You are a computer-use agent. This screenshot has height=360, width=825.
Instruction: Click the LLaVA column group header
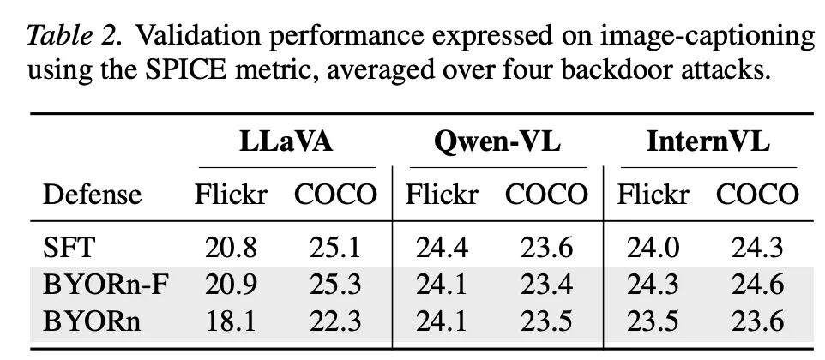point(286,142)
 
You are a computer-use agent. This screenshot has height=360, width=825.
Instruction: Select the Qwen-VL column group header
point(497,142)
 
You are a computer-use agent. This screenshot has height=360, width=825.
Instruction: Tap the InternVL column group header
point(708,142)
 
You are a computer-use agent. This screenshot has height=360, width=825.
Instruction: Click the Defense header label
point(92,195)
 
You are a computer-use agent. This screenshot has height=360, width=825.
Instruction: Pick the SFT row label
point(68,248)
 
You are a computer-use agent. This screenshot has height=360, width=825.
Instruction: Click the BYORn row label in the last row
point(92,321)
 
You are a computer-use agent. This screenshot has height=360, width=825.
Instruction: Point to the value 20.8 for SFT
point(231,248)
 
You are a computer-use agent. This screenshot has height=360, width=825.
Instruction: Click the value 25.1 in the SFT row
point(335,248)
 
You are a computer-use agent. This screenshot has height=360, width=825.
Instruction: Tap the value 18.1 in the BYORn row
point(231,321)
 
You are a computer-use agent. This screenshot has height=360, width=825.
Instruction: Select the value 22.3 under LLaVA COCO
point(335,321)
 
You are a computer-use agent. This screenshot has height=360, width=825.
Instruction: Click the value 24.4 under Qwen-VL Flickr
point(442,248)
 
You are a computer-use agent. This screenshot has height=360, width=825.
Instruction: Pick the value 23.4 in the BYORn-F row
point(546,285)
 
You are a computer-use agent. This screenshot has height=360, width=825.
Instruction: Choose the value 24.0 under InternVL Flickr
point(653,248)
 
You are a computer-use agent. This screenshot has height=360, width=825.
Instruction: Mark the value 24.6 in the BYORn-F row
point(757,285)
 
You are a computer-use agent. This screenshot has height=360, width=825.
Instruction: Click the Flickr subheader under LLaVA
point(231,195)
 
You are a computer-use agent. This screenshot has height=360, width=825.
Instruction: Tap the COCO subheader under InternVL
point(757,195)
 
